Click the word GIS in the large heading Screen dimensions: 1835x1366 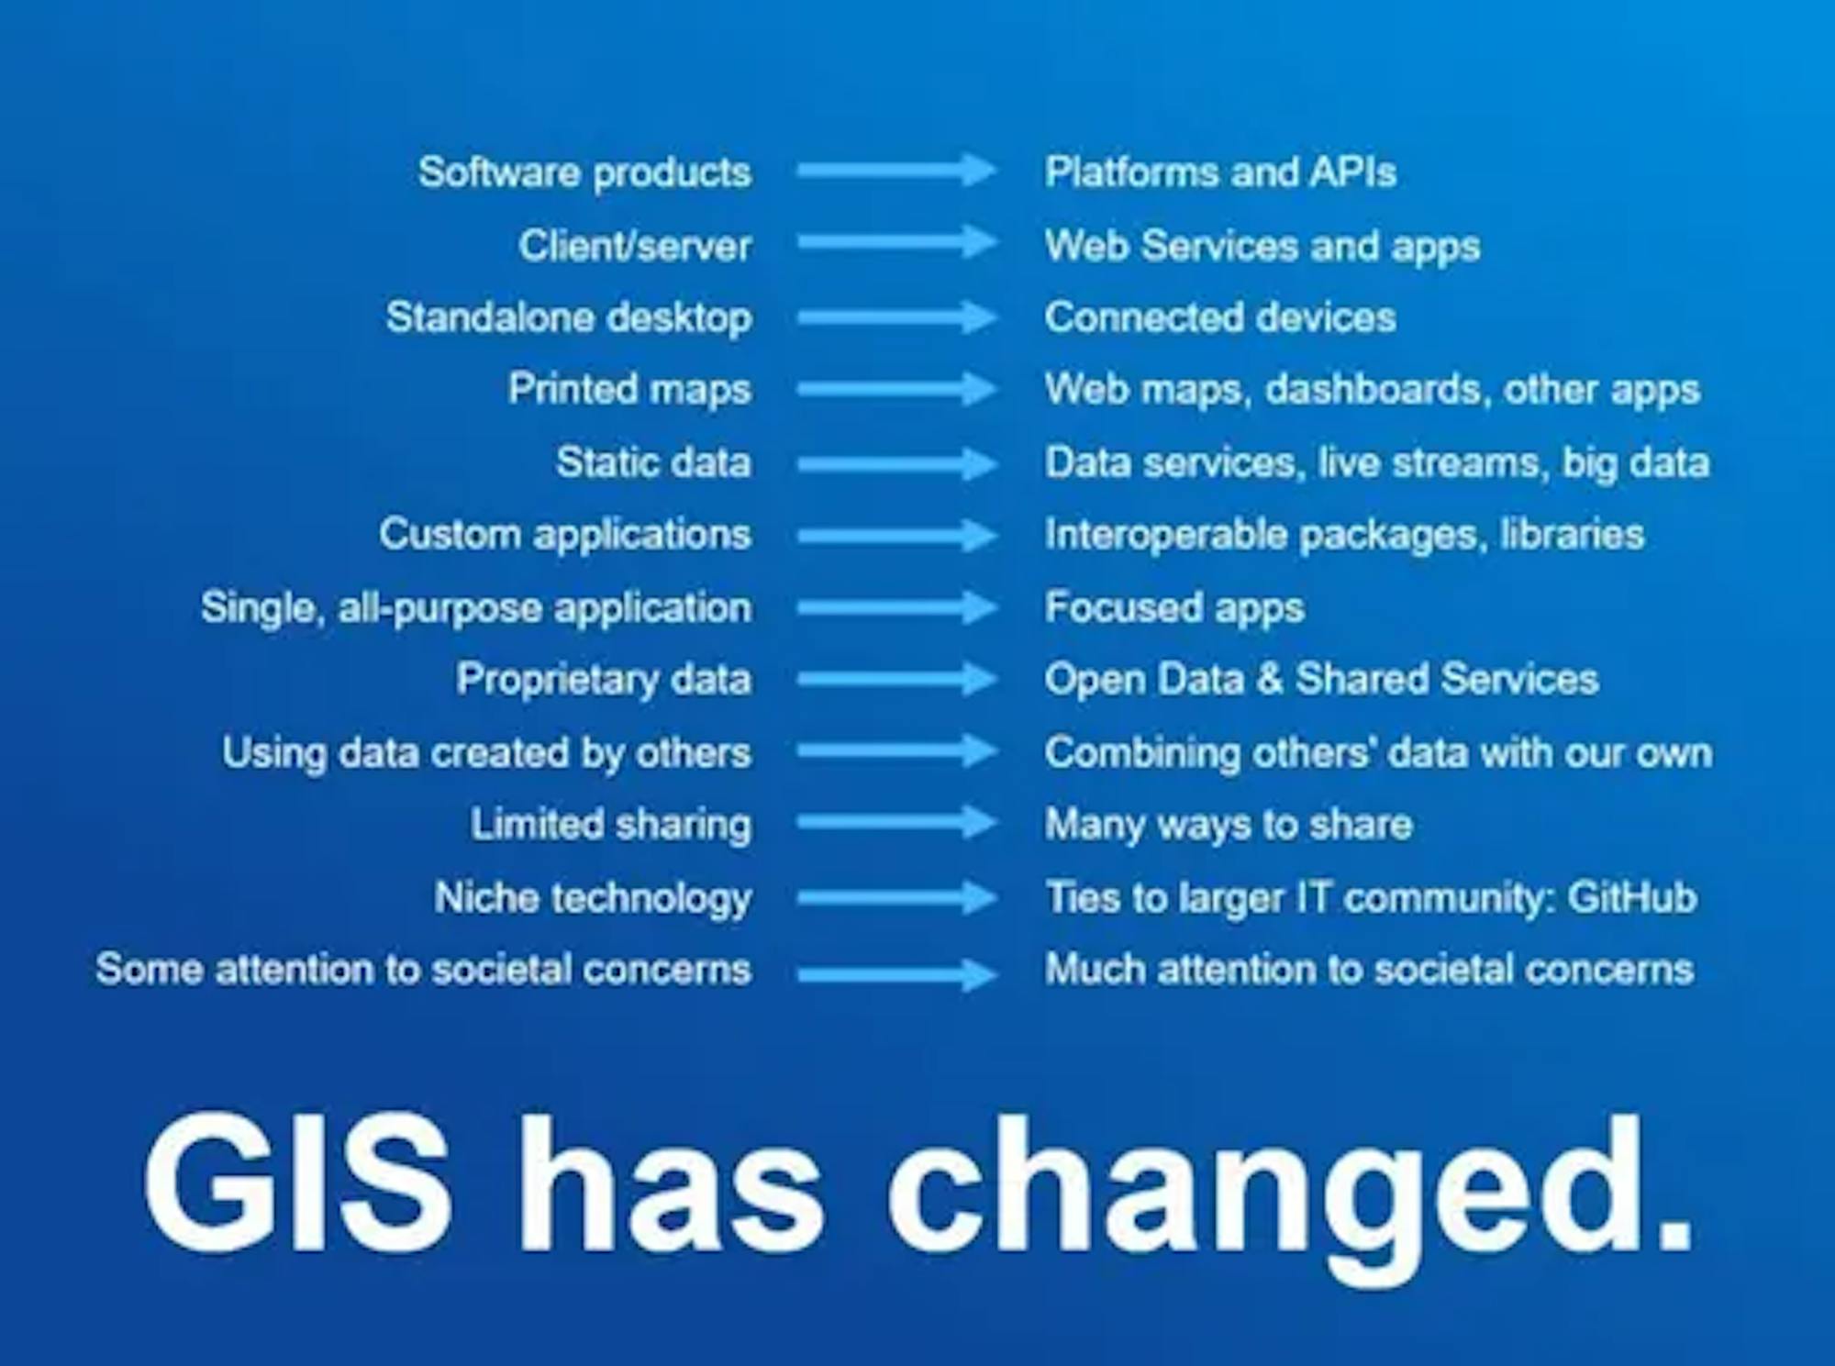[x=297, y=1183]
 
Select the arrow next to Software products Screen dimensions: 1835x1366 [x=897, y=171]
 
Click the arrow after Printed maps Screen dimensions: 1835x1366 [x=897, y=389]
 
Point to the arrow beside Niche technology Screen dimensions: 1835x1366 [x=897, y=897]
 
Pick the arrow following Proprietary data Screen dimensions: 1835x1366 [x=897, y=679]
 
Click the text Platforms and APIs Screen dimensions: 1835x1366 [x=1220, y=172]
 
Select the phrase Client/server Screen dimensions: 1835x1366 [x=635, y=246]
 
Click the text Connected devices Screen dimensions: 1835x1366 [x=1220, y=317]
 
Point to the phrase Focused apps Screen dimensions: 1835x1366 [x=1174, y=608]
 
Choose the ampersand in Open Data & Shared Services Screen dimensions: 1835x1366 [x=1270, y=680]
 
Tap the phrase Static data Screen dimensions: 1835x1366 [x=653, y=462]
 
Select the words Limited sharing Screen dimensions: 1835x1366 [x=611, y=825]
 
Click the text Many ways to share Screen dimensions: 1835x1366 [x=1229, y=825]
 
